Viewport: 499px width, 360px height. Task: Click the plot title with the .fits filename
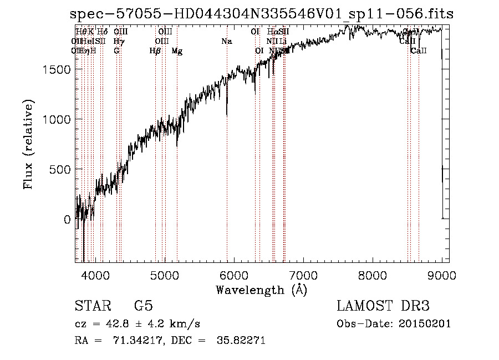pyautogui.click(x=262, y=14)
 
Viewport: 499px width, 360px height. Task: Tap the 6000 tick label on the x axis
pyautogui.click(x=233, y=275)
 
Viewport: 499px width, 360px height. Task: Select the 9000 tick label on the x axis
pyautogui.click(x=441, y=275)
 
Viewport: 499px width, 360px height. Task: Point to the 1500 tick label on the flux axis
pyautogui.click(x=58, y=69)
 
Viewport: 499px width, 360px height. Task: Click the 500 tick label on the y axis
pyautogui.click(x=61, y=169)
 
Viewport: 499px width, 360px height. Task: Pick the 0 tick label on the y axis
pyautogui.click(x=67, y=220)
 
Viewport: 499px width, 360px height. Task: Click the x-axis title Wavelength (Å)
pyautogui.click(x=261, y=290)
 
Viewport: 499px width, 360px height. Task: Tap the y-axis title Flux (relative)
pyautogui.click(x=28, y=144)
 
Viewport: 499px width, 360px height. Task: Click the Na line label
pyautogui.click(x=226, y=42)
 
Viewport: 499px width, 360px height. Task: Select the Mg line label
pyautogui.click(x=177, y=51)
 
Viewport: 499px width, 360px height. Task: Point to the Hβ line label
pyautogui.click(x=155, y=51)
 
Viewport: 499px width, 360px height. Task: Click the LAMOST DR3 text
pyautogui.click(x=383, y=306)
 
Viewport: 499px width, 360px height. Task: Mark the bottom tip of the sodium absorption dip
pyautogui.click(x=227, y=115)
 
